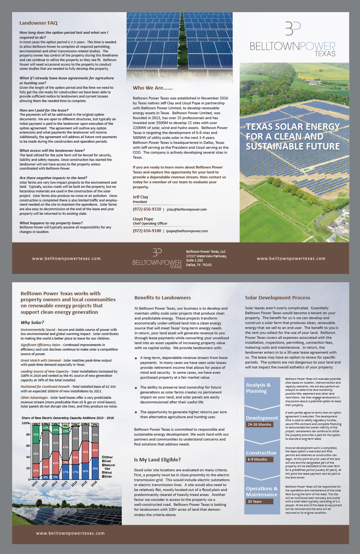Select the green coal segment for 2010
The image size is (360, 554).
[36, 434]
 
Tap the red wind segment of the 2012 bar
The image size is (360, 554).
[55, 463]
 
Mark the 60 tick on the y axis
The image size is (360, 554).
[28, 446]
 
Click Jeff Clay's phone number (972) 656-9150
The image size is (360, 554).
[147, 209]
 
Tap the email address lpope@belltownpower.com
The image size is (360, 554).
[187, 231]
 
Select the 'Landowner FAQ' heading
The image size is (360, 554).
[38, 23]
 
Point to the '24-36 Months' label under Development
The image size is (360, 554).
[259, 424]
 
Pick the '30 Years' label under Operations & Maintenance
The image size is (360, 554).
[255, 501]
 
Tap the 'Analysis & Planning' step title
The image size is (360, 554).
[258, 388]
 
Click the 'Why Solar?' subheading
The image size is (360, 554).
[32, 323]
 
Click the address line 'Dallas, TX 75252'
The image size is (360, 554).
[199, 265]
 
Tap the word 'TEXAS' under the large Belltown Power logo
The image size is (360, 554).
[325, 54]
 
